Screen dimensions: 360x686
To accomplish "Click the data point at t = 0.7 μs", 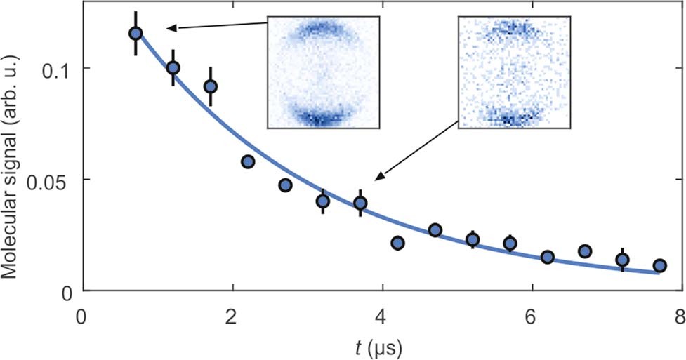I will click(136, 33).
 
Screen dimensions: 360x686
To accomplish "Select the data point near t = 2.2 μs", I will click(248, 161).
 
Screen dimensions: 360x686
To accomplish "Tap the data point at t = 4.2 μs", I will click(397, 243).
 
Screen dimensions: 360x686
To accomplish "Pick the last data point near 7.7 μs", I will click(659, 265).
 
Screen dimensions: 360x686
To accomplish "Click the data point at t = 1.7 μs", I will click(211, 86).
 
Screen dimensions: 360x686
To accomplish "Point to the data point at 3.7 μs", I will click(360, 204).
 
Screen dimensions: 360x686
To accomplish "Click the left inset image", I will click(324, 72).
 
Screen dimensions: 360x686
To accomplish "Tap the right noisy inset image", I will click(515, 72).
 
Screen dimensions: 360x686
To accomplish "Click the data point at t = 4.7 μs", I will click(435, 230).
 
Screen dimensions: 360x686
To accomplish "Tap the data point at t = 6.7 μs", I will click(585, 251).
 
